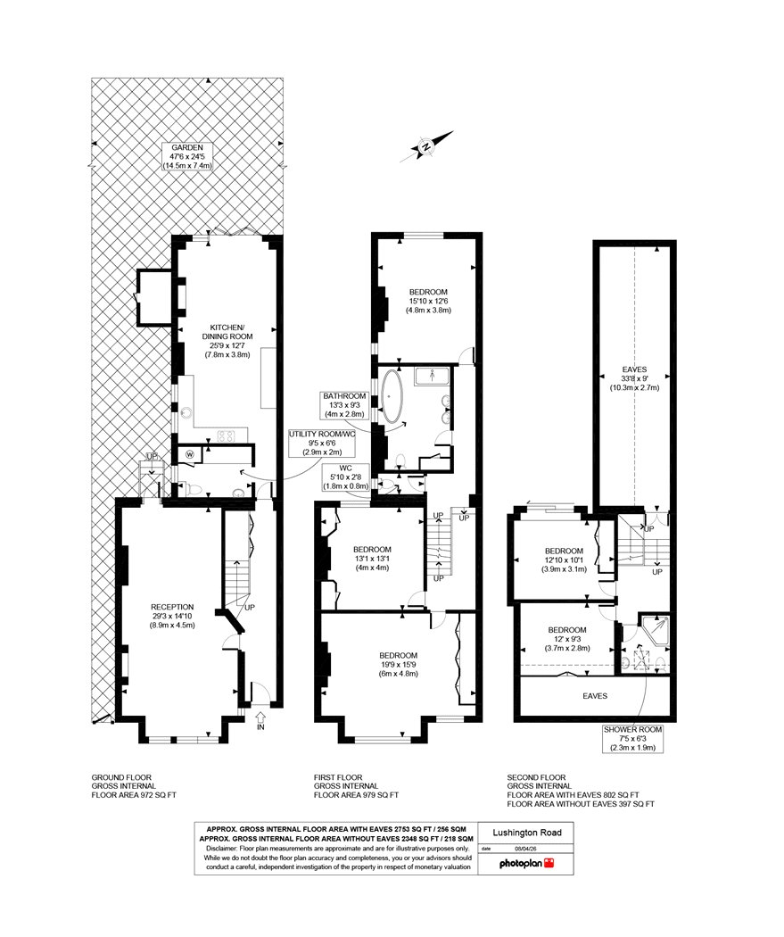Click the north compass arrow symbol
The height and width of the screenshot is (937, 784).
[426, 146]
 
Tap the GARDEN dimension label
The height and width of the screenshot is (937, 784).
[187, 156]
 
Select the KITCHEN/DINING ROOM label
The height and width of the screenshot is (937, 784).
[227, 341]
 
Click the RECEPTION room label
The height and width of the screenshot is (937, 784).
[172, 616]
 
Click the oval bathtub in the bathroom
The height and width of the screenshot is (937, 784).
[392, 397]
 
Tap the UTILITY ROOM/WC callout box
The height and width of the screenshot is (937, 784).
[322, 443]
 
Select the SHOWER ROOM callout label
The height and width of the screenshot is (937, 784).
[632, 739]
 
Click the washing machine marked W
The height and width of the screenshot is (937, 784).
[191, 454]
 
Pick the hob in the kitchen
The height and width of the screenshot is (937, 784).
[227, 436]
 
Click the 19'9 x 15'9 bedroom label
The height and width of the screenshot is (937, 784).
[398, 664]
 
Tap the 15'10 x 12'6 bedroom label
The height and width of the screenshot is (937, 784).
[428, 302]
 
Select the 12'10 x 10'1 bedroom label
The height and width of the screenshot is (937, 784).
[564, 560]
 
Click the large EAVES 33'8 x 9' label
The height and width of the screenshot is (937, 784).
[634, 378]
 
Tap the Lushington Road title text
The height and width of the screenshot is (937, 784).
[526, 833]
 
